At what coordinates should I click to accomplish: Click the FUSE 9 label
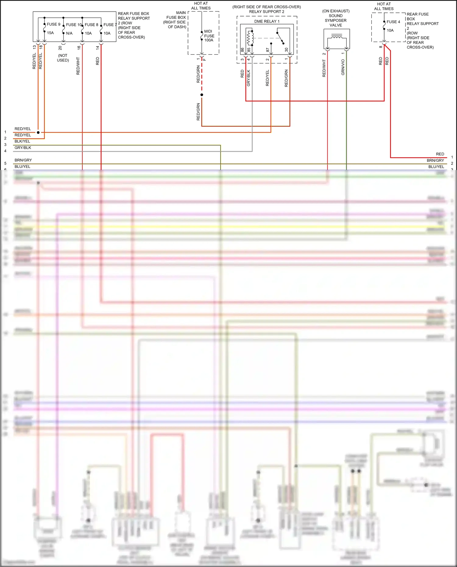coord(53,24)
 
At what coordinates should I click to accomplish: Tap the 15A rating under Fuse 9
coord(50,33)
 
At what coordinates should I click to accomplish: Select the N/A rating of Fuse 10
coord(69,33)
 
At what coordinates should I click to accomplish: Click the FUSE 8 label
coord(91,25)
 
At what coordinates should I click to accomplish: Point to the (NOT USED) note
coord(63,58)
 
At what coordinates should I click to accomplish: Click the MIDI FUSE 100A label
coord(209,36)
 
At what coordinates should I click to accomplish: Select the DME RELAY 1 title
coord(267,21)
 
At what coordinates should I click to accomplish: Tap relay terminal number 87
coord(267,50)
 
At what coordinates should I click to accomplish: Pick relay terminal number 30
coord(286,50)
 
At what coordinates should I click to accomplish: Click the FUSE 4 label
coord(393,22)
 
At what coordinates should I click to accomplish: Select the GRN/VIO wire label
coord(343,67)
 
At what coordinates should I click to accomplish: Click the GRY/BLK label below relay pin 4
coord(248,78)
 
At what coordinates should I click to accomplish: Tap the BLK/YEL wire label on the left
coord(22,141)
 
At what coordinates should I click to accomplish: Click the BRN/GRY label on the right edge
coord(435,161)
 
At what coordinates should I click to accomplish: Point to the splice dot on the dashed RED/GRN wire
coord(202,95)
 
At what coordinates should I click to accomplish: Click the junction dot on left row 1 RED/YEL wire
coord(38,132)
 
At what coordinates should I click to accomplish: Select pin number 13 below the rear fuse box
coord(34,47)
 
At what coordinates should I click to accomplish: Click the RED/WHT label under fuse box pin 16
coord(78,66)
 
